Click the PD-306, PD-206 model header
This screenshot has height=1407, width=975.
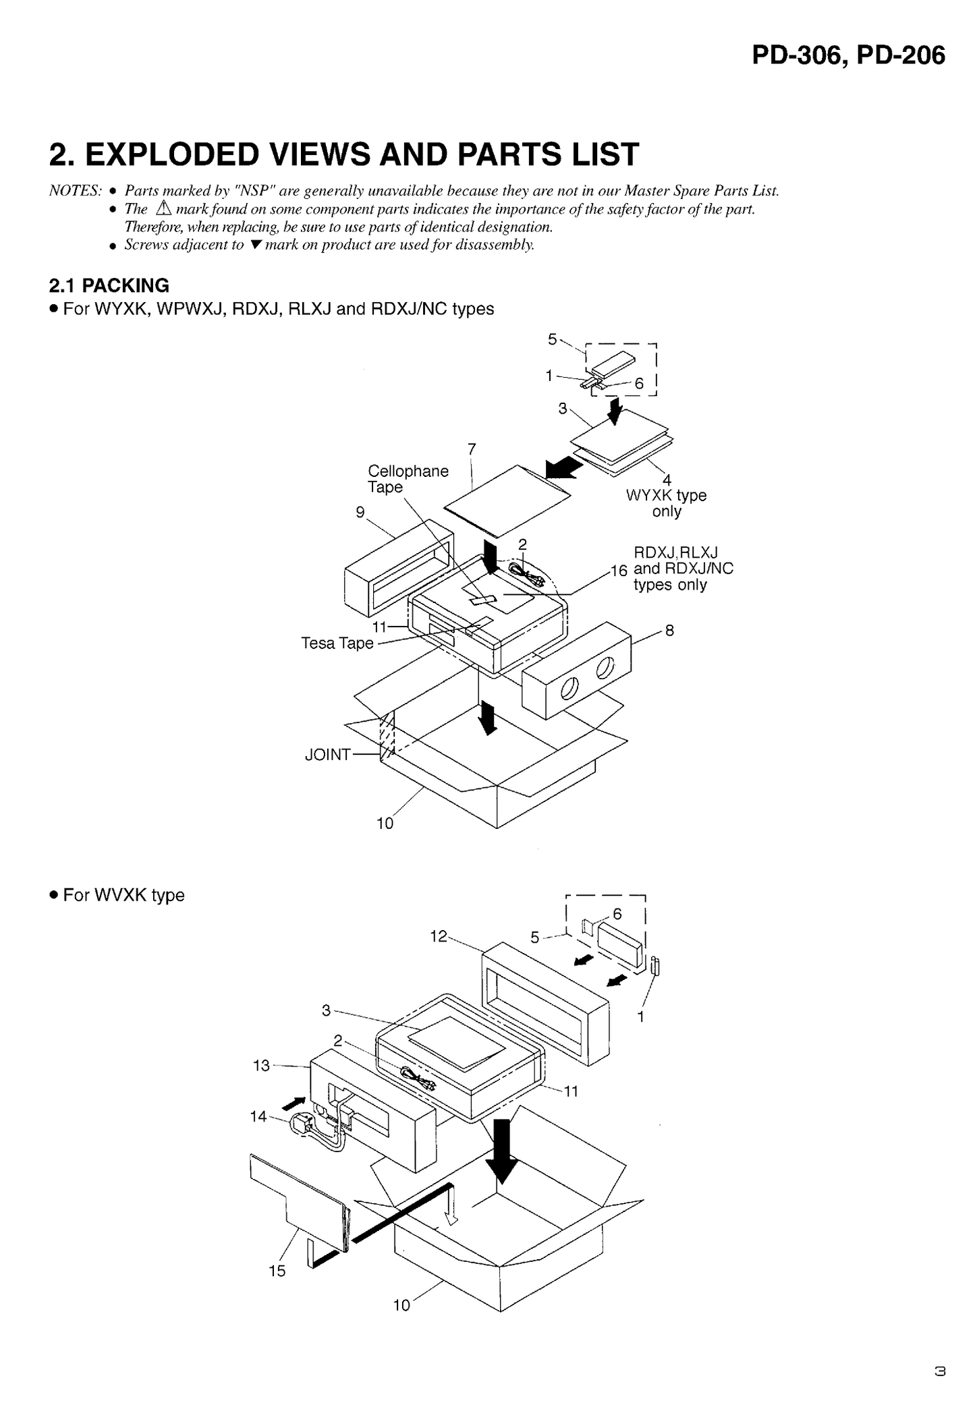pyautogui.click(x=848, y=55)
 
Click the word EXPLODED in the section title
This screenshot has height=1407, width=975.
pyautogui.click(x=171, y=154)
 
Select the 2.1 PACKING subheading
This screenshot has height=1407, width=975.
pyautogui.click(x=109, y=285)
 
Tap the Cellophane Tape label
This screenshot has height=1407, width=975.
pyautogui.click(x=407, y=479)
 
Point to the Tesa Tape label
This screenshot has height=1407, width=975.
pyautogui.click(x=337, y=643)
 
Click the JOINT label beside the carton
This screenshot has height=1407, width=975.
pyautogui.click(x=327, y=754)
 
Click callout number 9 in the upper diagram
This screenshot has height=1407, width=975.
pyautogui.click(x=360, y=512)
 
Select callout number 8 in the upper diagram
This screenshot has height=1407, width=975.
pyautogui.click(x=669, y=631)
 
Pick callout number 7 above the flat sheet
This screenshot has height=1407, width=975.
pyautogui.click(x=472, y=449)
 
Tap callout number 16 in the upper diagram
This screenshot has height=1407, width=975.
pyautogui.click(x=619, y=571)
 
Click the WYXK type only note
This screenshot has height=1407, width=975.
pyautogui.click(x=666, y=502)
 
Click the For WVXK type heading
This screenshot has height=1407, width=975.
pyautogui.click(x=123, y=895)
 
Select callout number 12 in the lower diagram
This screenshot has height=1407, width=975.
pyautogui.click(x=439, y=936)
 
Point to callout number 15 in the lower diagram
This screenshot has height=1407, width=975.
pyautogui.click(x=277, y=1271)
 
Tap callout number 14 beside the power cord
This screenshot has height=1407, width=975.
pyautogui.click(x=258, y=1116)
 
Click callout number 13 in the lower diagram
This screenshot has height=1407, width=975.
pyautogui.click(x=261, y=1065)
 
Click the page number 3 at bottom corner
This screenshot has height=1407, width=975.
pyautogui.click(x=939, y=1371)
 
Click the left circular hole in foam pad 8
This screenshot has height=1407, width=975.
pyautogui.click(x=569, y=689)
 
